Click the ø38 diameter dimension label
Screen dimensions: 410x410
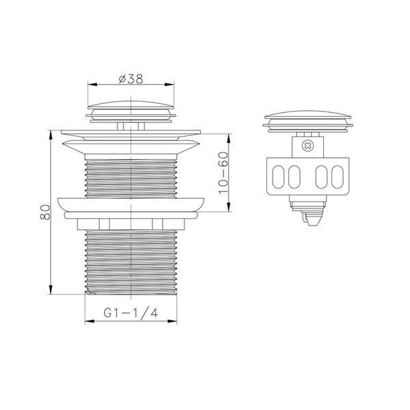(131, 79)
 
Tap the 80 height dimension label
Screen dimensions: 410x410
(45, 212)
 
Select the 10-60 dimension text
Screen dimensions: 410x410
(223, 173)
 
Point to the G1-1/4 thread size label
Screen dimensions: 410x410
(131, 312)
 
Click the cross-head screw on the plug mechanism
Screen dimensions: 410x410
(307, 146)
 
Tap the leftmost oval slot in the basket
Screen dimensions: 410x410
(278, 176)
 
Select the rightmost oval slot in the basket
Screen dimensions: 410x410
(338, 176)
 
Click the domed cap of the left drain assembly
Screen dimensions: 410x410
(131, 105)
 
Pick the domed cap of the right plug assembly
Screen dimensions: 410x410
(307, 115)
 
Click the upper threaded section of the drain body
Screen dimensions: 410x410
(131, 178)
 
